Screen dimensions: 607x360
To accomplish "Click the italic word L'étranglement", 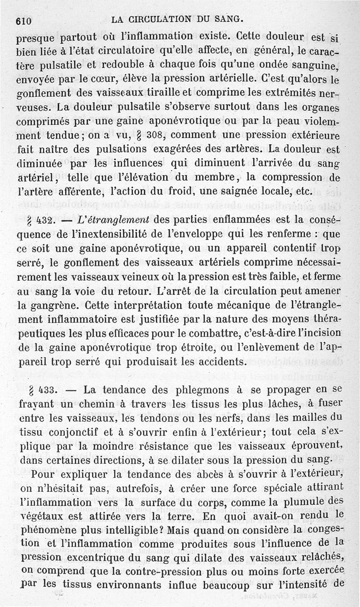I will click(x=117, y=220).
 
